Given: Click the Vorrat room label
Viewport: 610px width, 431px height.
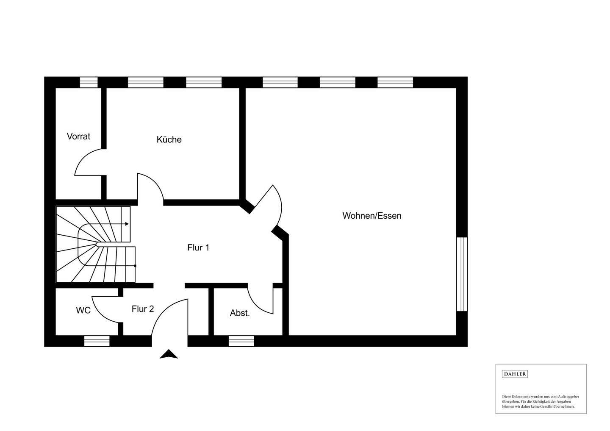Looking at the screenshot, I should tap(78, 136).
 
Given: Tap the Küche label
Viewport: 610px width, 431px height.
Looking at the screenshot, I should tap(169, 139).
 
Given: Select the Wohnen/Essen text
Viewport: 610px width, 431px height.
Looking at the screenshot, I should tap(372, 216).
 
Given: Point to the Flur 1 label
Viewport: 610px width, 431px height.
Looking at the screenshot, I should tap(198, 247).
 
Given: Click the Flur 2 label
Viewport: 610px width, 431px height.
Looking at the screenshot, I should tap(142, 309).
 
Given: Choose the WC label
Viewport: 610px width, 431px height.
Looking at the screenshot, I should tap(83, 310).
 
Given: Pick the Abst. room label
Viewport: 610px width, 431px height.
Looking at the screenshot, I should tap(240, 313).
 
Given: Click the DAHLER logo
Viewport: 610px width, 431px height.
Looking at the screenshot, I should tap(515, 374).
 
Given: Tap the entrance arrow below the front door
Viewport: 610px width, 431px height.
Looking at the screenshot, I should tap(169, 354).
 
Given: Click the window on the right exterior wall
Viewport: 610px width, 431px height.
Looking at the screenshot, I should tap(462, 274).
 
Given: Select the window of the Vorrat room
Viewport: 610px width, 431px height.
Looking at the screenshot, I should tap(89, 82).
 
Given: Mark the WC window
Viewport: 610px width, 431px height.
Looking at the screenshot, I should tap(97, 341).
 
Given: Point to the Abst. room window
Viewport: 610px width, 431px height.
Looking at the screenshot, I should tap(241, 341).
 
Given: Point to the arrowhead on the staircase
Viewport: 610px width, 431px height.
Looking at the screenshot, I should tap(127, 224).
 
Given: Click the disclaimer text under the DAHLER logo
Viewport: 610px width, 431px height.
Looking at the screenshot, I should tap(541, 401).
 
